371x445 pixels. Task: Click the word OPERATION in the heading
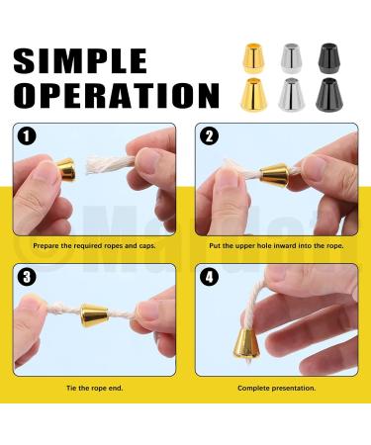[116, 96]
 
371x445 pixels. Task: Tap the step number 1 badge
[27, 136]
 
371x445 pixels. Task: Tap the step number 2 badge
[208, 136]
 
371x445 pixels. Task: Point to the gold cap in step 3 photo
[96, 318]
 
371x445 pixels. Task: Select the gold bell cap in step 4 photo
[246, 343]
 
